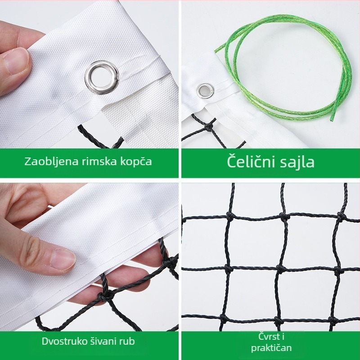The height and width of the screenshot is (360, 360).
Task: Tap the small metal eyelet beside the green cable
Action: pos(205,91)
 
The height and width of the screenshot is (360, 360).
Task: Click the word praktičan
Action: pos(271,347)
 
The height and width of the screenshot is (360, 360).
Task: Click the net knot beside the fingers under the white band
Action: pos(106,295)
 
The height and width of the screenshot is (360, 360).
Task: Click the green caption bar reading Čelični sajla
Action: pos(270,162)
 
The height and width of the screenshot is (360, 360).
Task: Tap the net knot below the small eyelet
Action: pos(209,127)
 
